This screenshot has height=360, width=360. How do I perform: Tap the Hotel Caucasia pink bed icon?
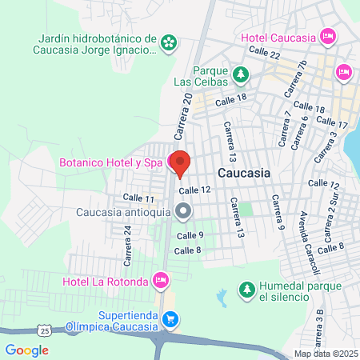click(x=327, y=36)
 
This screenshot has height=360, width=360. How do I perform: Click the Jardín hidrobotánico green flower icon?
click(x=168, y=43)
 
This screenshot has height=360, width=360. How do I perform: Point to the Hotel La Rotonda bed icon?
click(x=161, y=280)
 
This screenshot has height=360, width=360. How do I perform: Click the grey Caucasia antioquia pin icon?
click(x=183, y=212)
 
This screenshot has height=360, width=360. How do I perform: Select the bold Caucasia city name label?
click(x=244, y=173)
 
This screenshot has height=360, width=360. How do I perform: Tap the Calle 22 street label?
click(x=264, y=52)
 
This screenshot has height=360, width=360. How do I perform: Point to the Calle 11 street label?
click(x=138, y=198)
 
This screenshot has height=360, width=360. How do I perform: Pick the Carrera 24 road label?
click(x=126, y=245)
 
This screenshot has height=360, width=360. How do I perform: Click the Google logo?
click(x=27, y=350)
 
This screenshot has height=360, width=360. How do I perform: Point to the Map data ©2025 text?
click(x=326, y=354)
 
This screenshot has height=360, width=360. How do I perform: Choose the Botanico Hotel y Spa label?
click(x=110, y=162)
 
